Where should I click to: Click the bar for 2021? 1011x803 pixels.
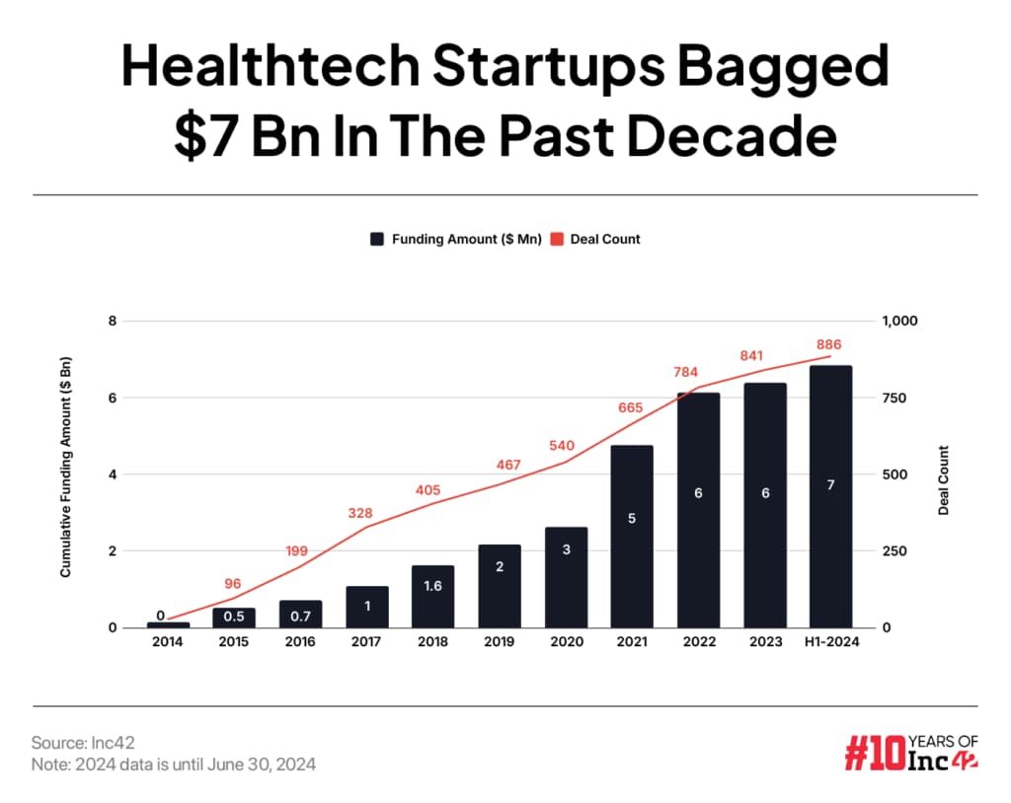(x=632, y=537)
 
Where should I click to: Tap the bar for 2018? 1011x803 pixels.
(x=432, y=597)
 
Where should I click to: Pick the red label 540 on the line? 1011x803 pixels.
(x=561, y=445)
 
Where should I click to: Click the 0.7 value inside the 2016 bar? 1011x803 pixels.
(x=300, y=616)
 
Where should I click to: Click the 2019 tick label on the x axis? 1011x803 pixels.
(x=499, y=642)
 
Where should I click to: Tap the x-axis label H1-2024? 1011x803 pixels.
(x=830, y=642)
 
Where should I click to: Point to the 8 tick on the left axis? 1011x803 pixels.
(x=113, y=322)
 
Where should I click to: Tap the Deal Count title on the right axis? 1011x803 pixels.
(x=944, y=480)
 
